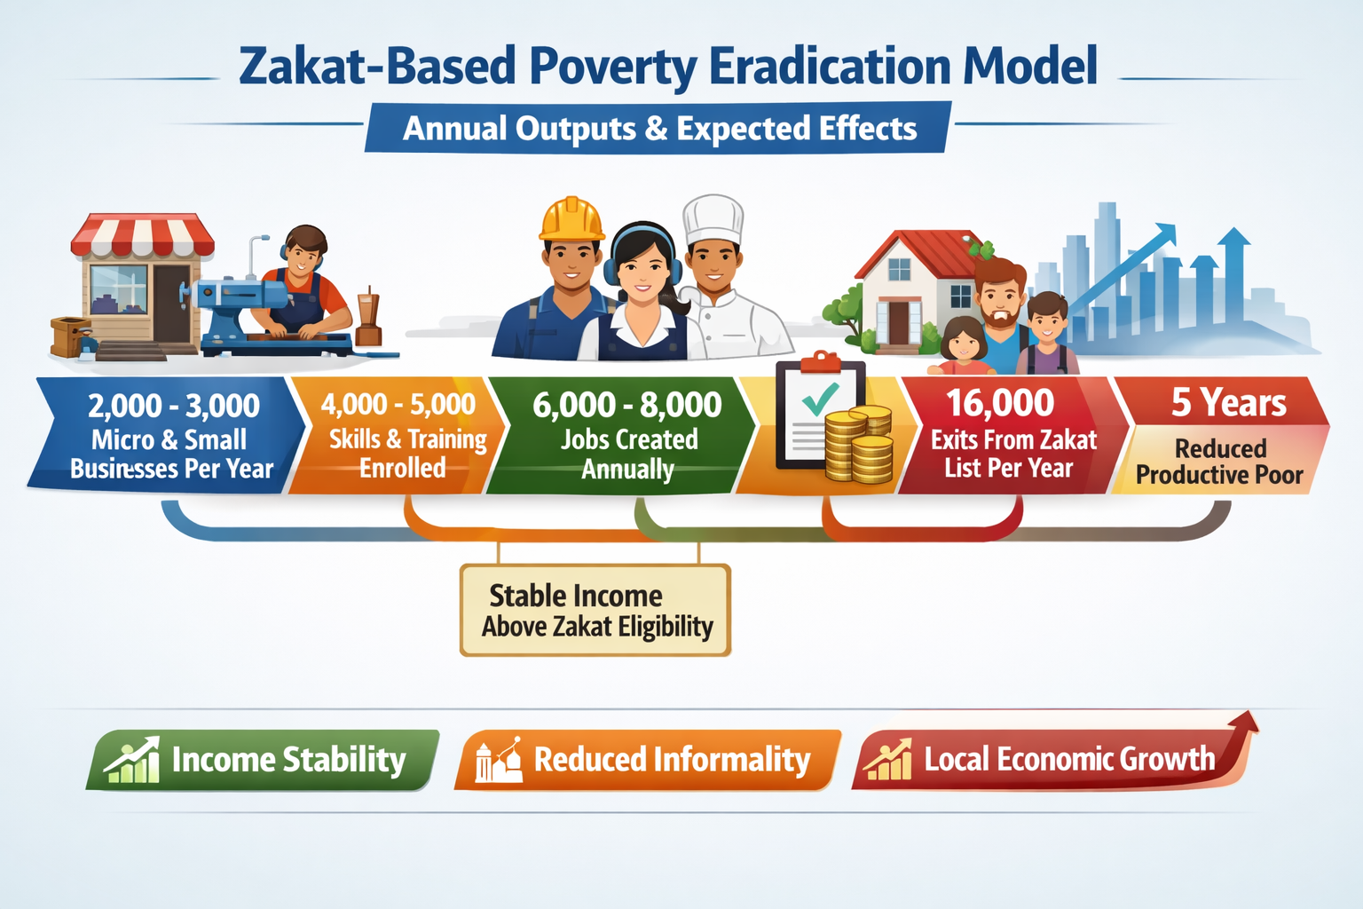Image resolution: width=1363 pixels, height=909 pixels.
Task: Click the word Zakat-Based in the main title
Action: tap(377, 67)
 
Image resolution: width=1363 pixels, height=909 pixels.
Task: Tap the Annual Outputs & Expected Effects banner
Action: tap(659, 129)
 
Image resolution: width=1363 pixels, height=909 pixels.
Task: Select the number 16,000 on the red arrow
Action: tap(1000, 404)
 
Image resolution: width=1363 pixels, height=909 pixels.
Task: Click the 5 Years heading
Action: tap(1228, 404)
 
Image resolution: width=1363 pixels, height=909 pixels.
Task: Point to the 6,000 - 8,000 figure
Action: tap(627, 406)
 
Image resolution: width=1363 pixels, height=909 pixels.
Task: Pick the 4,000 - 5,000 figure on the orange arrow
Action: tap(398, 405)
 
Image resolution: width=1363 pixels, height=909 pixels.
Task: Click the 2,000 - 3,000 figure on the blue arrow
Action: tap(174, 407)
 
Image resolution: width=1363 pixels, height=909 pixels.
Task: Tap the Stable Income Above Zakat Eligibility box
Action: tap(595, 611)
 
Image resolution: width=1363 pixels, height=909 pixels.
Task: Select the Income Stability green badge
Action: tap(263, 760)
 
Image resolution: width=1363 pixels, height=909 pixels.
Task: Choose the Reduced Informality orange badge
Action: tap(648, 760)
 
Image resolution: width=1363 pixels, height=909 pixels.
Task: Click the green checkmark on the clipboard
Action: tap(821, 399)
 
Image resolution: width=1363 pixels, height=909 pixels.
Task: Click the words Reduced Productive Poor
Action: tap(1220, 462)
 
